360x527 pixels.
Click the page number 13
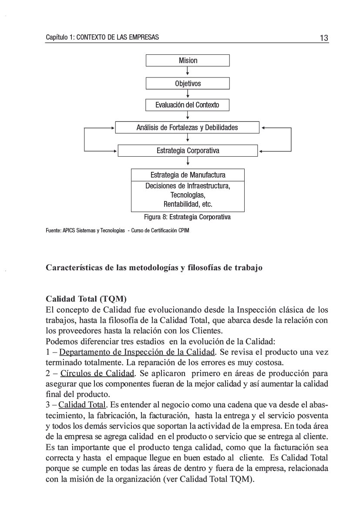pos(323,38)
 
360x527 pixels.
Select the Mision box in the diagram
pos(188,60)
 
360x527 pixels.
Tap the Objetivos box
pos(188,83)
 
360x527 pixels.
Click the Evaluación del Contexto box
pos(187,105)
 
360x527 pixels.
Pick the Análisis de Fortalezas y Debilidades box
pos(187,128)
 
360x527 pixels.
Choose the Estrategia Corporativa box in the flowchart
pos(188,151)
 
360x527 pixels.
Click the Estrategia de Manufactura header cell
pos(188,175)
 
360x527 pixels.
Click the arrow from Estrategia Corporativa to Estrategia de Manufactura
pos(188,162)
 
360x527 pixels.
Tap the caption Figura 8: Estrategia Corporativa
pos(187,217)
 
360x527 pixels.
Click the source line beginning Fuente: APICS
pos(118,231)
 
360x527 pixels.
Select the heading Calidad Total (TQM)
pos(86,299)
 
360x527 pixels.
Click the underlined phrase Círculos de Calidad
pos(98,373)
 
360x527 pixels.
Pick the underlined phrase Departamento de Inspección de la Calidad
pos(137,352)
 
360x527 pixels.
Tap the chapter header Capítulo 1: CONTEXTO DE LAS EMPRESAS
pos(102,37)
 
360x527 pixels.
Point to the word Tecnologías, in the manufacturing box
pos(188,195)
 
